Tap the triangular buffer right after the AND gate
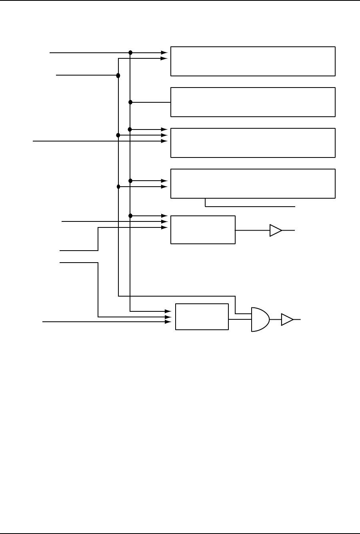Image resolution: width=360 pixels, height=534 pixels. (x=287, y=319)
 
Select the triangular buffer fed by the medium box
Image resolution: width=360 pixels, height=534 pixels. (x=275, y=230)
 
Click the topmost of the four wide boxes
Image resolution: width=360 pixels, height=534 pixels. (x=253, y=61)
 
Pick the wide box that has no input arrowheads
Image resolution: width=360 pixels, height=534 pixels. (x=253, y=102)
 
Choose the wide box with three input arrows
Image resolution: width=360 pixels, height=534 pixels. (x=253, y=143)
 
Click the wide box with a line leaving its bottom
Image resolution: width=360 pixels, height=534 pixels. (x=253, y=183)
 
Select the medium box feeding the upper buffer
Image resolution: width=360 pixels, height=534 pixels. (x=203, y=229)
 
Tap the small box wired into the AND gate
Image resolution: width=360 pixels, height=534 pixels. (x=202, y=317)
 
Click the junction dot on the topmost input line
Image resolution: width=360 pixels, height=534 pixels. (x=130, y=52)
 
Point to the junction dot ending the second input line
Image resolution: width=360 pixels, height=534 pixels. (x=118, y=75)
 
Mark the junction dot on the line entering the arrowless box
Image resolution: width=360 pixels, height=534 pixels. (x=130, y=102)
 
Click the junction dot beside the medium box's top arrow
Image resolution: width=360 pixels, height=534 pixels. (x=130, y=216)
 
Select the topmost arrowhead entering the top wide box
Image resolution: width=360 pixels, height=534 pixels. (x=164, y=52)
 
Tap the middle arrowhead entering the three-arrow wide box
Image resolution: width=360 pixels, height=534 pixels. (x=164, y=135)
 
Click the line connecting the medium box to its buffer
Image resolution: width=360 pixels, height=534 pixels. (x=252, y=230)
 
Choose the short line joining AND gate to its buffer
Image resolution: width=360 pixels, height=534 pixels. (x=275, y=319)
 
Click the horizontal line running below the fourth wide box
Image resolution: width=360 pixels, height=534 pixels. (x=250, y=207)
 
